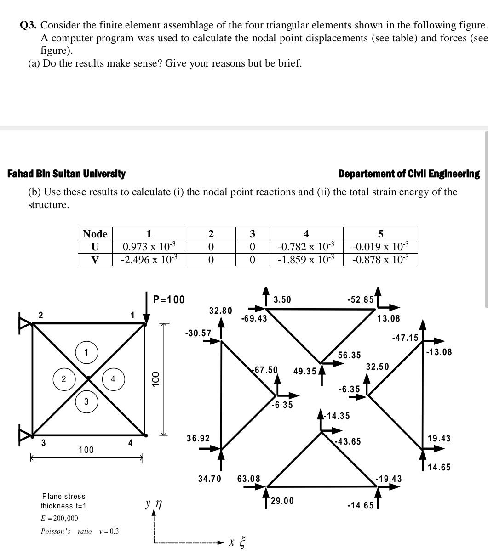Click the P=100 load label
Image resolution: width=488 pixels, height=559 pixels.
point(169,299)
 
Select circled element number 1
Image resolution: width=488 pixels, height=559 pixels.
point(86,353)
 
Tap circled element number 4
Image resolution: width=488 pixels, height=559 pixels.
point(113,379)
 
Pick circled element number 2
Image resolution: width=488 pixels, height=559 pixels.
point(63,379)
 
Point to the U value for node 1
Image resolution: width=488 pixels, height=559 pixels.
point(149,247)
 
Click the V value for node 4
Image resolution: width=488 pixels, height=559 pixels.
point(306,260)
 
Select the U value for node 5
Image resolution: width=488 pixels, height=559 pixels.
point(380,247)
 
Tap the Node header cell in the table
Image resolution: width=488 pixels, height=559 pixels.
point(95,234)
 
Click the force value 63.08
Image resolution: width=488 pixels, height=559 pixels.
point(248,479)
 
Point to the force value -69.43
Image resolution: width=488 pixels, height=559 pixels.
point(254,318)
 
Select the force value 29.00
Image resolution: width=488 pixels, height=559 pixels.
point(282,501)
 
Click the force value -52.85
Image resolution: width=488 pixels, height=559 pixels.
point(361,299)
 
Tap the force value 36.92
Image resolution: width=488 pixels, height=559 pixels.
point(198,438)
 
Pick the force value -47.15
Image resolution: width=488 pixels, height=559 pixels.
point(405,338)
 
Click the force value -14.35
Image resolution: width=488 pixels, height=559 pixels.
point(337,416)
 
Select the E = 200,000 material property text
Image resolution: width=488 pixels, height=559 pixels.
point(59,518)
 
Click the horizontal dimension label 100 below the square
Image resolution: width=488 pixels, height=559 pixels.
point(86,450)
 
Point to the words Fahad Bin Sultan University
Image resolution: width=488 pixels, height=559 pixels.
point(66,174)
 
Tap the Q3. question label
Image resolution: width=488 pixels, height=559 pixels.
point(29,25)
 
